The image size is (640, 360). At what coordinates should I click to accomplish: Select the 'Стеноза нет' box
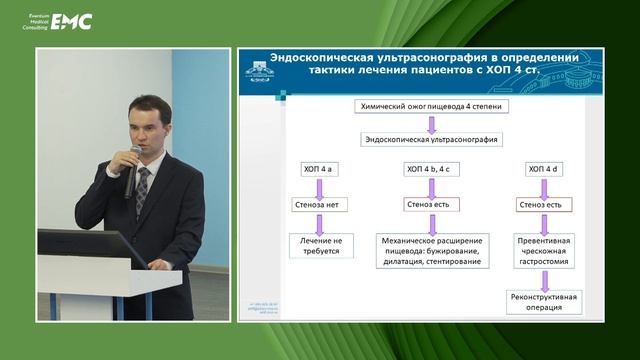click(x=318, y=205)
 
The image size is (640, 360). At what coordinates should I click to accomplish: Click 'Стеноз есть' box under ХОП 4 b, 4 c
click(x=430, y=205)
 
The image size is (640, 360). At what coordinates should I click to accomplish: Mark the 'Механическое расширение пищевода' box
click(x=431, y=251)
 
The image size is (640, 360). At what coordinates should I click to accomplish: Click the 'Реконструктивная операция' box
click(x=546, y=303)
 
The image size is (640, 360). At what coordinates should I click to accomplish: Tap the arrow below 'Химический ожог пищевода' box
click(x=431, y=124)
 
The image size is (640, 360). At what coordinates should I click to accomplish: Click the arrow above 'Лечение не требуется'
click(x=318, y=223)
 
